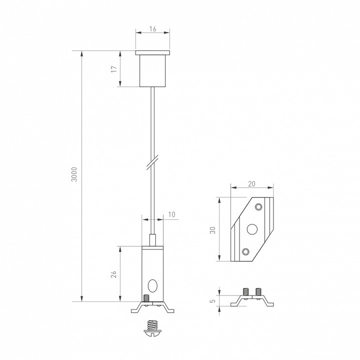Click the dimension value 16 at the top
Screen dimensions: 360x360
click(152, 29)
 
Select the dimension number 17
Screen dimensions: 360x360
click(114, 69)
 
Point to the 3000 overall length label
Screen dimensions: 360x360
click(74, 173)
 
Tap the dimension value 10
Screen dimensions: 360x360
click(172, 214)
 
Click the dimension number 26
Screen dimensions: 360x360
click(113, 274)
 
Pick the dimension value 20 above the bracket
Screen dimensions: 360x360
click(252, 183)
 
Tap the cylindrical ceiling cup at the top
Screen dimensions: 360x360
click(152, 70)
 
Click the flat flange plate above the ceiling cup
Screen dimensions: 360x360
click(152, 52)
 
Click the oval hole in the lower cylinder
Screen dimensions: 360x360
click(152, 286)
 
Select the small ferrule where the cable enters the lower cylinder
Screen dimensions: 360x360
click(152, 239)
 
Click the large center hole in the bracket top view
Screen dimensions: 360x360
click(252, 229)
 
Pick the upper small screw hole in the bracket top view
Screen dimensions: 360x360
click(258, 207)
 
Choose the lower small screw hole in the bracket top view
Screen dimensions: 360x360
click(245, 251)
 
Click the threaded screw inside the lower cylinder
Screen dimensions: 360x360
click(145, 298)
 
